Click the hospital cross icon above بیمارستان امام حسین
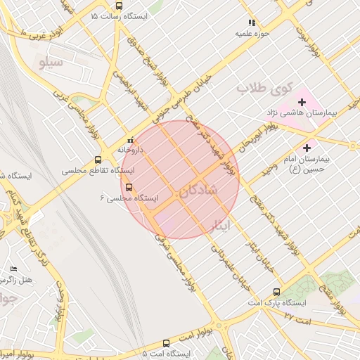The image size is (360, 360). coord(307,148)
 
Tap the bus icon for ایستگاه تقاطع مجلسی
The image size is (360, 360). coord(97,160)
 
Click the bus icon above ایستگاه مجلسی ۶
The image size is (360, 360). coord(128,187)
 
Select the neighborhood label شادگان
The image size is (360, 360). coord(199,191)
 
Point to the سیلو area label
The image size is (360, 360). coord(51,63)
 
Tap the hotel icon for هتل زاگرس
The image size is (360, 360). coord(14,269)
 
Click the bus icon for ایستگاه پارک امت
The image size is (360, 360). coord(276,292)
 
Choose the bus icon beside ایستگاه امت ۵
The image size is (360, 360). coord(166,344)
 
